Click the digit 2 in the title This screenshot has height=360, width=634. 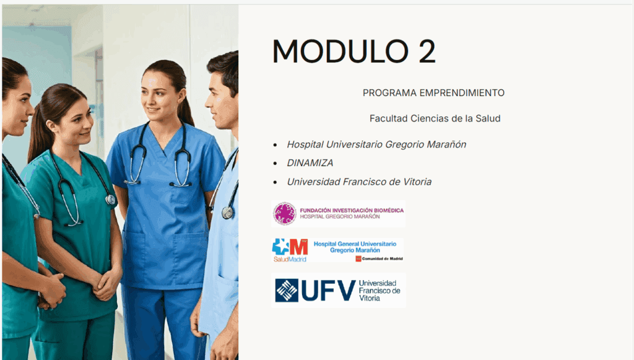[x=427, y=52]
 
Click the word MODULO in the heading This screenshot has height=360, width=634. [x=339, y=52]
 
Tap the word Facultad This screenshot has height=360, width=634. [x=388, y=118]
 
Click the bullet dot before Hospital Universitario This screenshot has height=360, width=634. [x=276, y=145]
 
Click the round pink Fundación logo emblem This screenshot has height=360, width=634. [x=285, y=214]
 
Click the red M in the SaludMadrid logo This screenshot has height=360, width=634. [x=298, y=247]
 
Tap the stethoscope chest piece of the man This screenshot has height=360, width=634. [x=228, y=213]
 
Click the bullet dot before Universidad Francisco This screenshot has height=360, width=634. [x=276, y=182]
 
